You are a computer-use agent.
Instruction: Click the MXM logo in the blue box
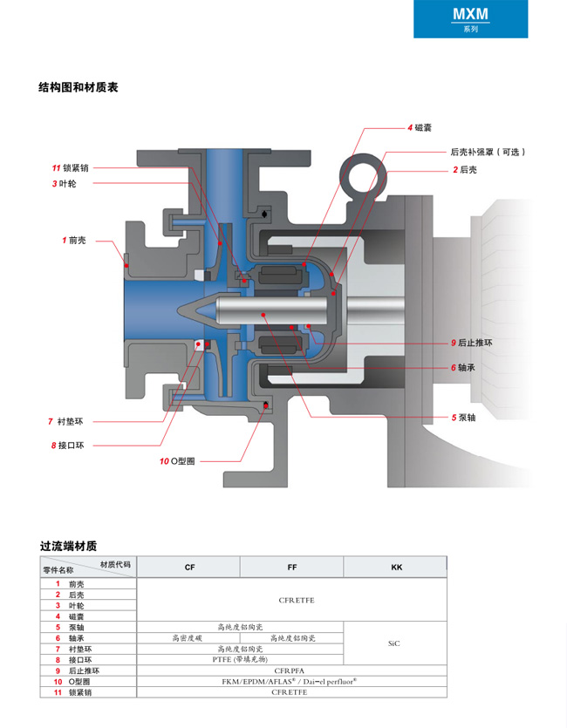pos(470,14)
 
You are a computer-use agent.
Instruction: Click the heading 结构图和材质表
pos(79,87)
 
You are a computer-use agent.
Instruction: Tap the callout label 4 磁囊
pos(420,128)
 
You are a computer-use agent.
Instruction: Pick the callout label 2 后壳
pos(464,169)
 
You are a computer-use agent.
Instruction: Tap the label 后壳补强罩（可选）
pos(488,152)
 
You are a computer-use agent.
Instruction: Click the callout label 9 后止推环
pos(471,343)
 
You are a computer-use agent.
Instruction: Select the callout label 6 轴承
pos(466,367)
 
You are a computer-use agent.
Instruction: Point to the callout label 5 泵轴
pos(466,418)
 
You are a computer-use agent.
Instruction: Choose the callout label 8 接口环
pos(67,446)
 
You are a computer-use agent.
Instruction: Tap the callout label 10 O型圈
pos(177,460)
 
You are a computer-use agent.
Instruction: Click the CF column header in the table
pos(189,568)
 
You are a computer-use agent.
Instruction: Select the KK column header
pos(396,568)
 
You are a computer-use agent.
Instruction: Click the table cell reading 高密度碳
pos(189,637)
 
